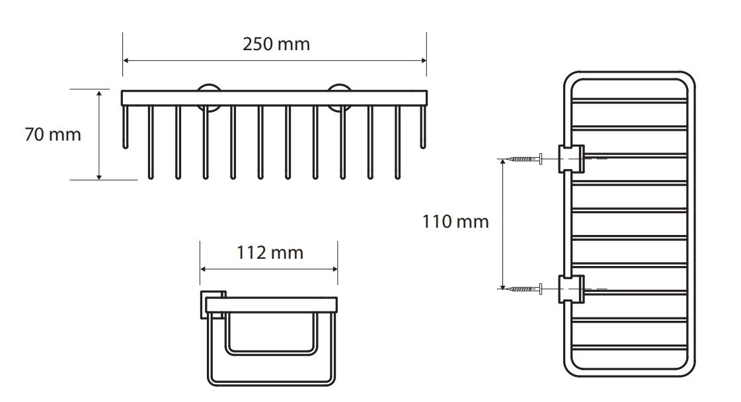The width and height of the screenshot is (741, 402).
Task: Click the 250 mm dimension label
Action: click(276, 44)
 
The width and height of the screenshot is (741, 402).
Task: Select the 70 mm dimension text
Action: click(53, 135)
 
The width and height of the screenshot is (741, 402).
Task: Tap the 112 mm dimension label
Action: click(270, 253)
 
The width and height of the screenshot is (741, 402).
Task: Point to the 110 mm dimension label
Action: click(455, 222)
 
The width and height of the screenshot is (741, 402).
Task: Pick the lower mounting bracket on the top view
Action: click(571, 288)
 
